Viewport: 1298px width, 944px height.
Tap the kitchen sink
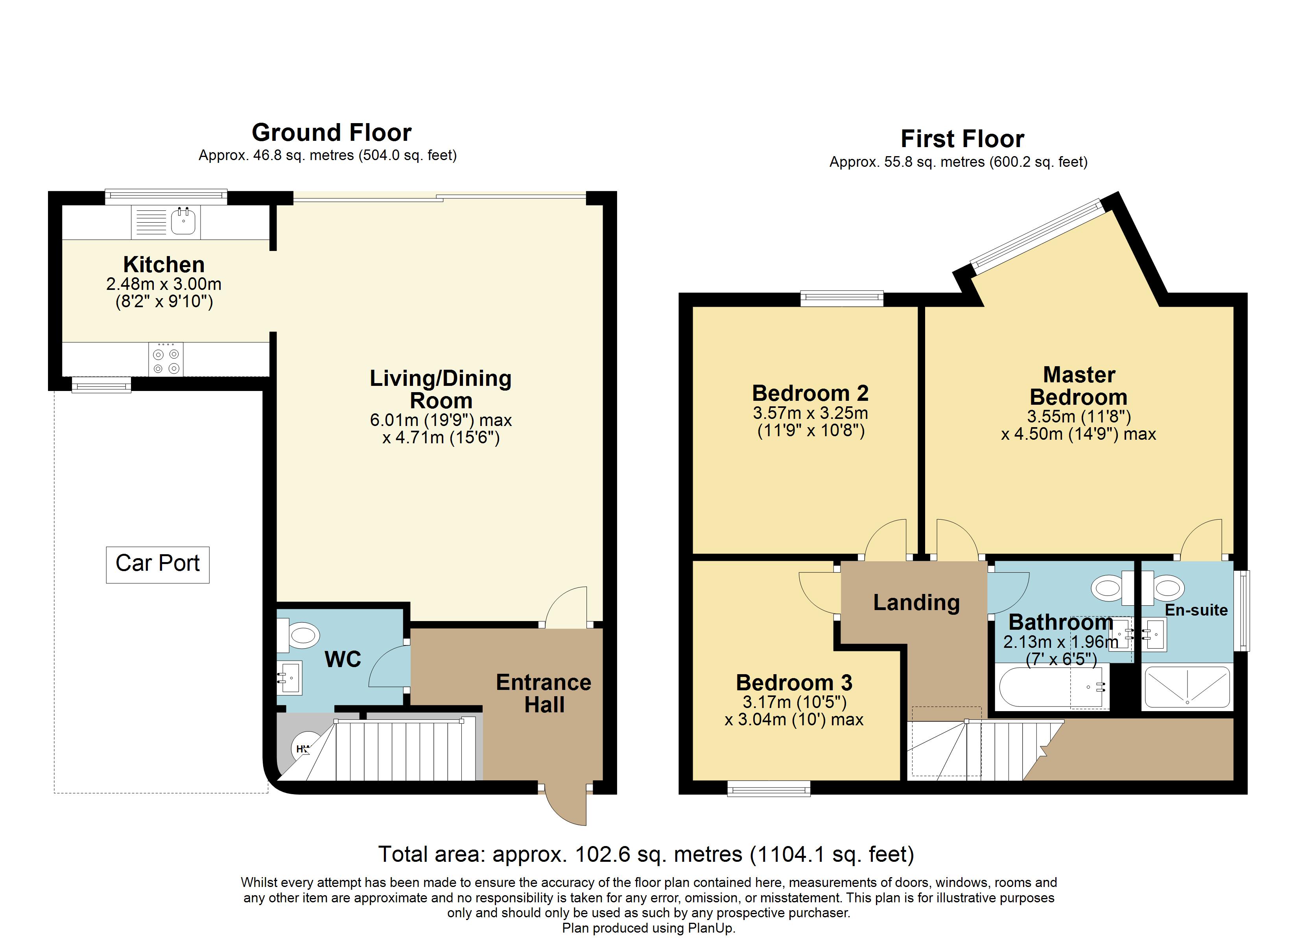[183, 221]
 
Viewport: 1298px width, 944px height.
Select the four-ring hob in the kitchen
[166, 360]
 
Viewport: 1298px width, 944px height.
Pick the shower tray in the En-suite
[1187, 687]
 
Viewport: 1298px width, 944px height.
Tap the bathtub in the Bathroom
[1053, 686]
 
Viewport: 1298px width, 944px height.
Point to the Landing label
[916, 603]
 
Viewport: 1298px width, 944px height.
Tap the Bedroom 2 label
[810, 393]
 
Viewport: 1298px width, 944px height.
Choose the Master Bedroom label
[1079, 386]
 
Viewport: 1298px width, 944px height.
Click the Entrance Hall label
[544, 693]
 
